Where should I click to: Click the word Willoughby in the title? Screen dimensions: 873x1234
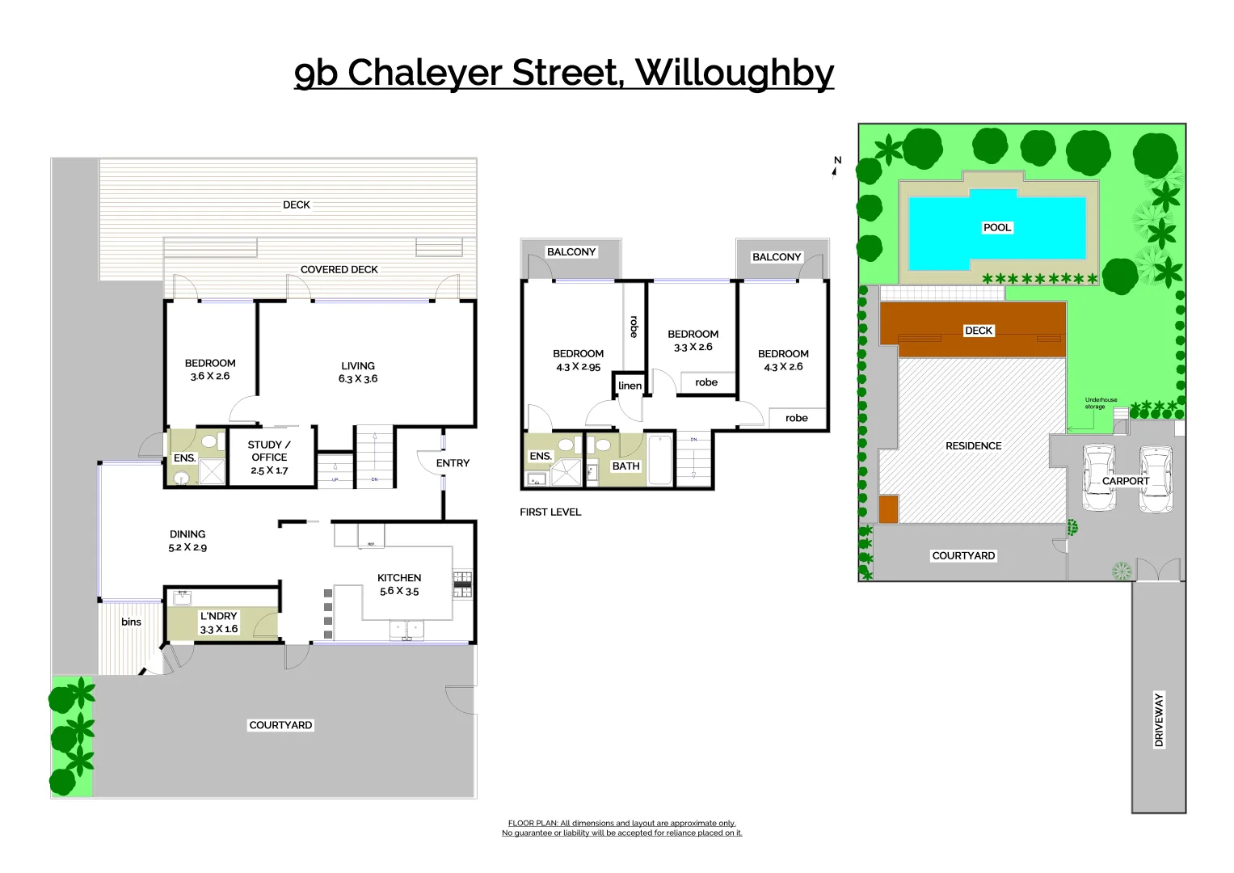(734, 73)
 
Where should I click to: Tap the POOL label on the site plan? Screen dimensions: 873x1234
(996, 228)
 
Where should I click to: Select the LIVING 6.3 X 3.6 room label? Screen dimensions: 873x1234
(358, 372)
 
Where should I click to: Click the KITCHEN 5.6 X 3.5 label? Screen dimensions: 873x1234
(399, 584)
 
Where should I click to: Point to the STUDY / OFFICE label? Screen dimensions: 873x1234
(269, 457)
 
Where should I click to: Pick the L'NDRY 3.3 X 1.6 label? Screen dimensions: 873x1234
(218, 622)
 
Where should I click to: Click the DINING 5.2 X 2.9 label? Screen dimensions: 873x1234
(187, 541)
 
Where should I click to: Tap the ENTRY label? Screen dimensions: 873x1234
(453, 463)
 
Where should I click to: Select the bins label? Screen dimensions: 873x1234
(131, 622)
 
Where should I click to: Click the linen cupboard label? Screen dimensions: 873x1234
(630, 386)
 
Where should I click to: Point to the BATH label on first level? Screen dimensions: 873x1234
(625, 466)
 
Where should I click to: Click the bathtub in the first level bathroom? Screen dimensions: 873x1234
(659, 461)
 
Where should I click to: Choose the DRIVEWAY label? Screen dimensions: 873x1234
(1159, 719)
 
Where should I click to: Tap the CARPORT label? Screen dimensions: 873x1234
(1125, 481)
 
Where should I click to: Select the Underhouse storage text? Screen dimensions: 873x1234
(1101, 403)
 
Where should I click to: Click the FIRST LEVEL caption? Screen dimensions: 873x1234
(550, 512)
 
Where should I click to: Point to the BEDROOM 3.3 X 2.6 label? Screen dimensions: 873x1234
(693, 340)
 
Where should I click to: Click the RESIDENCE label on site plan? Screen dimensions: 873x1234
(973, 446)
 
